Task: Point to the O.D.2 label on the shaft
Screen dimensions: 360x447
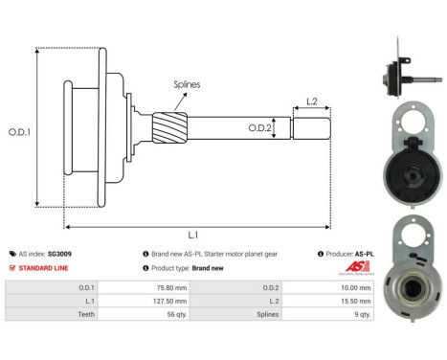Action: [260, 127]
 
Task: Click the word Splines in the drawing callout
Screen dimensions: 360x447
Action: [187, 84]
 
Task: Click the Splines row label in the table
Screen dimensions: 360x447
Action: [276, 313]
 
